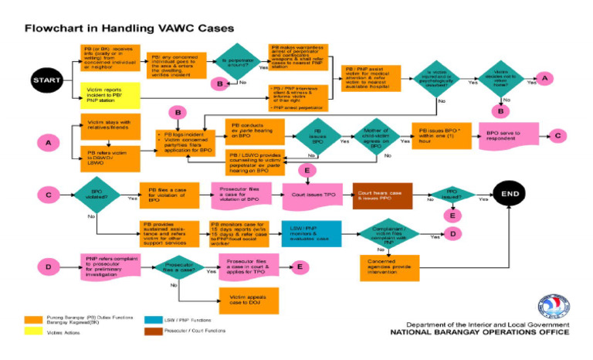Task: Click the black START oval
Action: (x=46, y=79)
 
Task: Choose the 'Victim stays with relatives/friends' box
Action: (x=109, y=125)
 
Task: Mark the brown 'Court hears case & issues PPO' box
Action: (x=382, y=197)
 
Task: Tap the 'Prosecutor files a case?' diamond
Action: (x=178, y=267)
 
